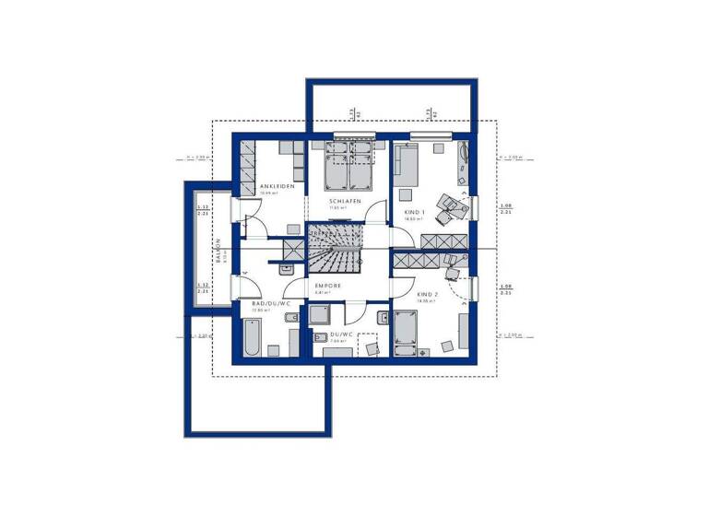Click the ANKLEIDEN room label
point(277,185)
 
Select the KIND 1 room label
point(413,213)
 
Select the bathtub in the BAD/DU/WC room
point(253,335)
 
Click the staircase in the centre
point(336,249)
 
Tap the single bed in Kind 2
point(407,333)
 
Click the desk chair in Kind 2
point(451,273)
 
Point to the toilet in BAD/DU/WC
point(289,319)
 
